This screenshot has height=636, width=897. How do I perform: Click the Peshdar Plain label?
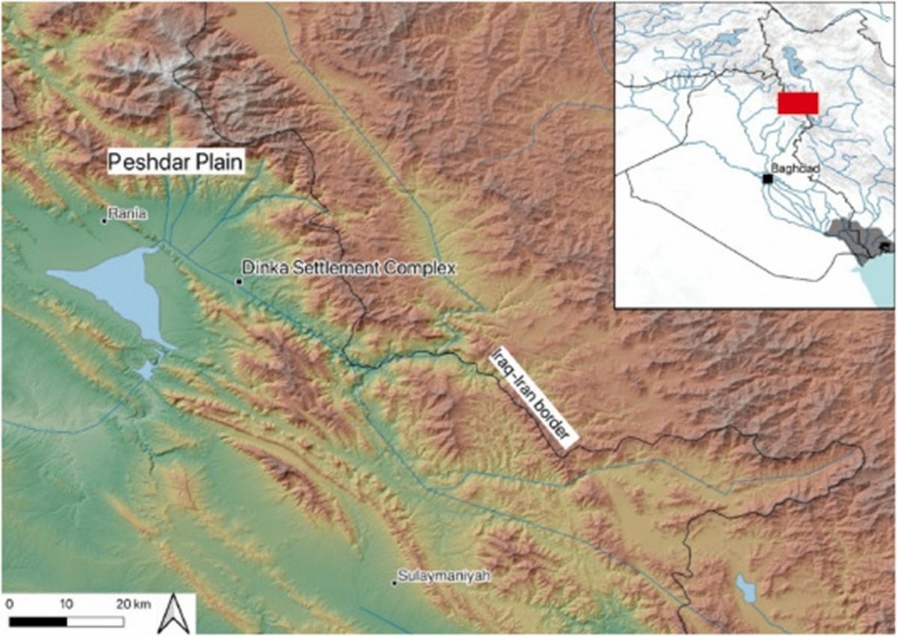click(x=178, y=162)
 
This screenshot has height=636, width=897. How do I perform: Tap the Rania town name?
click(x=125, y=214)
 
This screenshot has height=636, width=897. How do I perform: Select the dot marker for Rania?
click(x=105, y=220)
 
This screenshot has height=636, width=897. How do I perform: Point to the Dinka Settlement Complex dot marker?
click(x=238, y=281)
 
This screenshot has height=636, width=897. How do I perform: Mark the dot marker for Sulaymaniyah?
click(x=395, y=583)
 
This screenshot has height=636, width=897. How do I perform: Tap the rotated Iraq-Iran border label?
click(x=534, y=397)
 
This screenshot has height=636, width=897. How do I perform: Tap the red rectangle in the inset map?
click(x=798, y=103)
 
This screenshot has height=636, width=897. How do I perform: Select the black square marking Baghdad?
click(x=767, y=178)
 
